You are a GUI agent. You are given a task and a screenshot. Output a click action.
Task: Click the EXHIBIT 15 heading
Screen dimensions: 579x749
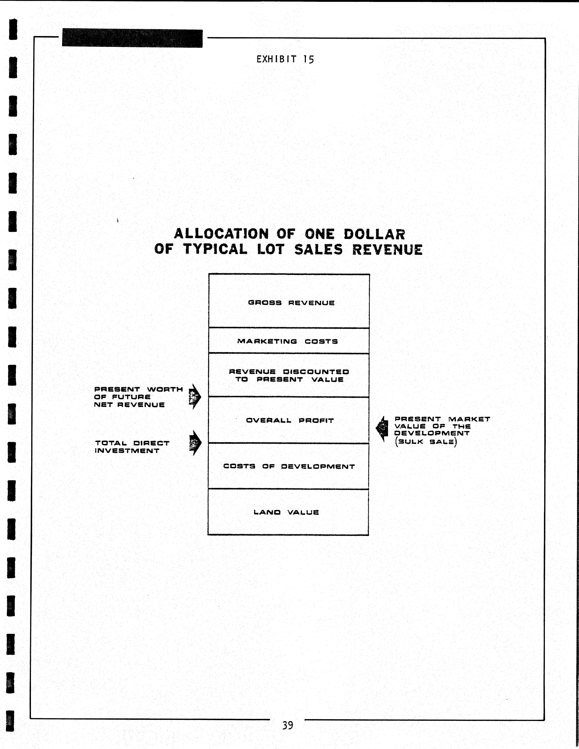coord(285,59)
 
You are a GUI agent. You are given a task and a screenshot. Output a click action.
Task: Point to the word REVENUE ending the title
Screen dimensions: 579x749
coord(387,249)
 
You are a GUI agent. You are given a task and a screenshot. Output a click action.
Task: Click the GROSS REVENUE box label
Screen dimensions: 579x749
coord(291,303)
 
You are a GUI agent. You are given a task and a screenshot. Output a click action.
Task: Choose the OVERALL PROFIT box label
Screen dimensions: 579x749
coord(290,420)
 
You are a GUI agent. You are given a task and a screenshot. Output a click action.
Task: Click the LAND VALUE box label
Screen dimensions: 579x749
coord(286,512)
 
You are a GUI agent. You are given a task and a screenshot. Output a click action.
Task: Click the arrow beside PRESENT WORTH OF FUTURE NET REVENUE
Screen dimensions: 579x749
coord(195,396)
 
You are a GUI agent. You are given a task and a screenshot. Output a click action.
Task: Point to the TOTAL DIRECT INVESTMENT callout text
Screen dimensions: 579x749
coord(132,447)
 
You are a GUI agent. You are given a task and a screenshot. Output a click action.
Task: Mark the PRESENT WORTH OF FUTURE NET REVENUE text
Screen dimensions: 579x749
coord(138,397)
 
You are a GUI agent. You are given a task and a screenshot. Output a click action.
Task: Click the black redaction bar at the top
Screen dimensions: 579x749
coord(132,38)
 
